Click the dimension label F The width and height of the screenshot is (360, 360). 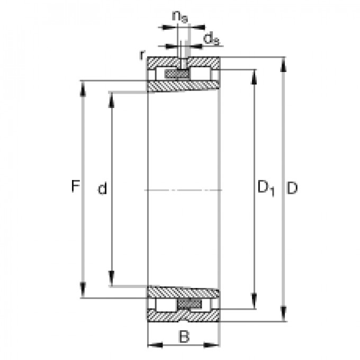pyautogui.click(x=76, y=186)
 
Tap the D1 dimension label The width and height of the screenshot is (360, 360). pyautogui.click(x=265, y=188)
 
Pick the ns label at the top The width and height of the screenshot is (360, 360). pyautogui.click(x=179, y=17)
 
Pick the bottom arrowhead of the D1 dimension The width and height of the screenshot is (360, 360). pyautogui.click(x=255, y=301)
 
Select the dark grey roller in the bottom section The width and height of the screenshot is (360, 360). pyautogui.click(x=190, y=303)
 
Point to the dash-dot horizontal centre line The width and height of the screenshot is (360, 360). pyautogui.click(x=183, y=190)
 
